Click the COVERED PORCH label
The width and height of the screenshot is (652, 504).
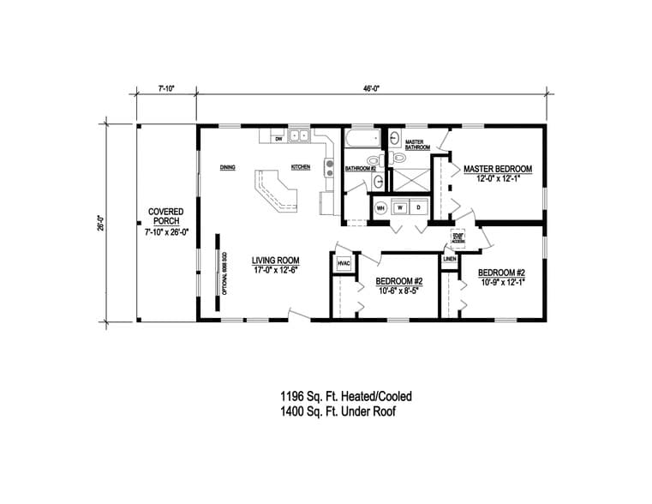[x=166, y=212]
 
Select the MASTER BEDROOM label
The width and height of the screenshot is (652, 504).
[x=498, y=169]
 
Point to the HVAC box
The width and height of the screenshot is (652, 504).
[x=344, y=263]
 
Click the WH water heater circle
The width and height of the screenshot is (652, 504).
[x=380, y=207]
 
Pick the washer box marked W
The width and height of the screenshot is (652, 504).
[x=400, y=207]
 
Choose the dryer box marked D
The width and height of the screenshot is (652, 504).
[x=419, y=207]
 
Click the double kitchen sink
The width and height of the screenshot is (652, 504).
[x=299, y=135]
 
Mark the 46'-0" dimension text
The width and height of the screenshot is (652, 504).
[x=370, y=87]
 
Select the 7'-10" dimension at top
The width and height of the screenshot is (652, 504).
[x=166, y=87]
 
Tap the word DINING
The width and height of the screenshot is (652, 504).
[x=227, y=167]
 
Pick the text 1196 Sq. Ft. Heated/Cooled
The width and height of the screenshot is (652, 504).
[x=345, y=396]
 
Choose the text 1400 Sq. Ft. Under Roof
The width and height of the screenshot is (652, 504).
[x=339, y=411]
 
